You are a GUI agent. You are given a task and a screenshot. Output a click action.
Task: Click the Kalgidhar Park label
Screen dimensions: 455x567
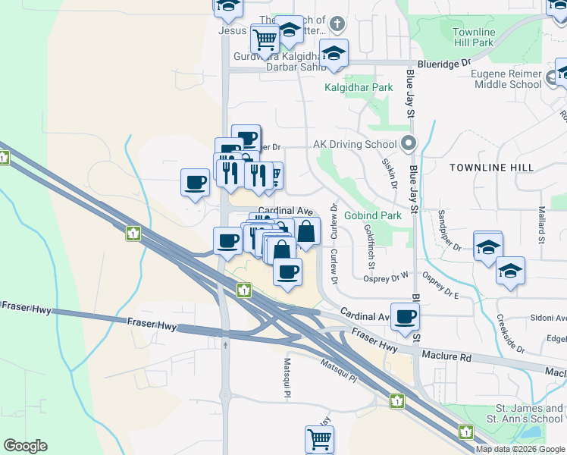pos(359,87)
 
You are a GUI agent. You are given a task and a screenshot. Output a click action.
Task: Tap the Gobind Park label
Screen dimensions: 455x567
pos(372,215)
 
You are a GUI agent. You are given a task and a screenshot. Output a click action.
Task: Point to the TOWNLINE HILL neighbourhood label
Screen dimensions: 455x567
pos(491,167)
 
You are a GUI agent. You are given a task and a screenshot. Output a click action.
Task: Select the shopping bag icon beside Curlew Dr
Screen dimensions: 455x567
pos(306,231)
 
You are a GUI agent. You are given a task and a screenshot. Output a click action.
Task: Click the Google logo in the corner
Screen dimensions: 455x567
pos(25,446)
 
